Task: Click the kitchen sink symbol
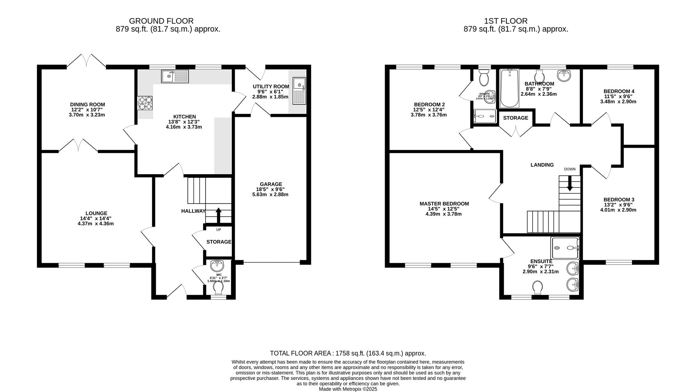pyautogui.click(x=175, y=76)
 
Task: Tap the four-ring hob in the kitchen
pyautogui.click(x=145, y=103)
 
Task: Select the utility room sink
pyautogui.click(x=299, y=90)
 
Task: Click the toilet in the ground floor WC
pyautogui.click(x=218, y=289)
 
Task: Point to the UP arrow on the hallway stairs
pyautogui.click(x=218, y=215)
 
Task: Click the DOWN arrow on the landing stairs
pyautogui.click(x=570, y=183)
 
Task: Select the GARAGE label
pyautogui.click(x=271, y=184)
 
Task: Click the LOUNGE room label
pyautogui.click(x=96, y=213)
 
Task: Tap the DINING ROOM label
pyautogui.click(x=88, y=105)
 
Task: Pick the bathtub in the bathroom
pyautogui.click(x=510, y=88)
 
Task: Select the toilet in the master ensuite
pyautogui.click(x=538, y=288)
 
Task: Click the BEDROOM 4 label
pyautogui.click(x=619, y=91)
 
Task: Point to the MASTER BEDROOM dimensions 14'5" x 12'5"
pyautogui.click(x=444, y=209)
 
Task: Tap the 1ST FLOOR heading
pyautogui.click(x=505, y=21)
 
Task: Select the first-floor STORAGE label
pyautogui.click(x=515, y=118)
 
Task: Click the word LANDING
pyautogui.click(x=542, y=165)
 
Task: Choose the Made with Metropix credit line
pyautogui.click(x=348, y=389)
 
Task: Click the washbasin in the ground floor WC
pyautogui.click(x=217, y=265)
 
